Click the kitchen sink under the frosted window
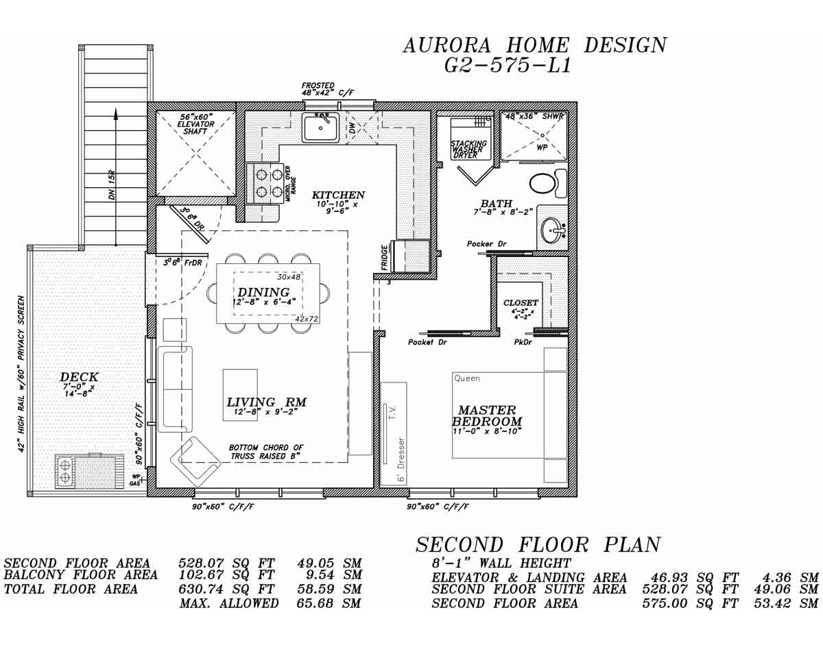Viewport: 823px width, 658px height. tap(320, 127)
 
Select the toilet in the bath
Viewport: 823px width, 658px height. tap(545, 184)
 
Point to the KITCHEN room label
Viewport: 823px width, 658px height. tap(338, 195)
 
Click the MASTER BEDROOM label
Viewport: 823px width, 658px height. tap(487, 416)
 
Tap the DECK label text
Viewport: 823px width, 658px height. tap(79, 377)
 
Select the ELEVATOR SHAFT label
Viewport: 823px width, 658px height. tap(195, 124)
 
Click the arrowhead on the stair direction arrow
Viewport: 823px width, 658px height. tap(115, 114)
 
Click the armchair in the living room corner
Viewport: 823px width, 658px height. tap(195, 461)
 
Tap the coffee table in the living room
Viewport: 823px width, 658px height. tap(240, 395)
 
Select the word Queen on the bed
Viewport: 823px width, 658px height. tap(467, 378)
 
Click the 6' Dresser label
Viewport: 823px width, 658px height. tap(401, 459)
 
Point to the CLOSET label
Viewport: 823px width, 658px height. tap(521, 303)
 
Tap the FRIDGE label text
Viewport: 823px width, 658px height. tap(385, 257)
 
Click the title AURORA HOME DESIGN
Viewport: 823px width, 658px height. tap(534, 45)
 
